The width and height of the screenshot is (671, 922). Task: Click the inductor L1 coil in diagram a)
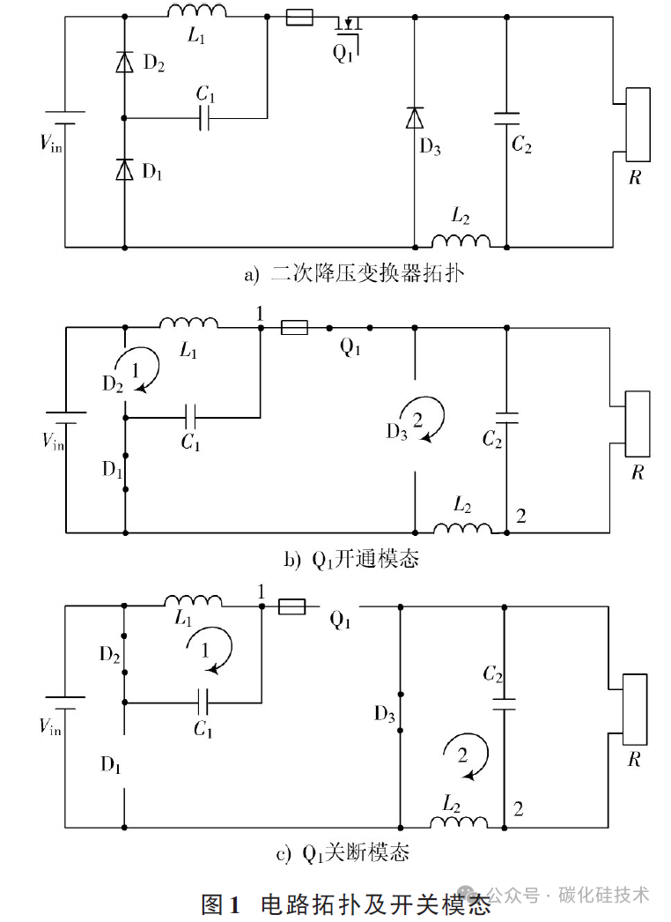[x=196, y=11]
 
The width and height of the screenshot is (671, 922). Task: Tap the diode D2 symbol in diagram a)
[x=124, y=62]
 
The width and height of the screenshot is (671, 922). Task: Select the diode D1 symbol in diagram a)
[x=124, y=169]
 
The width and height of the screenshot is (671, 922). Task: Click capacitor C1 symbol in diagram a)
[x=204, y=118]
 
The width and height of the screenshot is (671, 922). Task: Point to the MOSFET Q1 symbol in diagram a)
[x=348, y=28]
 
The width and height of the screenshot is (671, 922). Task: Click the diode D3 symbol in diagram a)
[x=415, y=117]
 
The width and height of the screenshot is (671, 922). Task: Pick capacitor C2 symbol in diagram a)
[x=506, y=119]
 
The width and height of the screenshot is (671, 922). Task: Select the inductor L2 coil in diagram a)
[x=461, y=242]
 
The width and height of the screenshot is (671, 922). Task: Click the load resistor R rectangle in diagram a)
[x=638, y=124]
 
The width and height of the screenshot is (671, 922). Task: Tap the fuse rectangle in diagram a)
[x=299, y=18]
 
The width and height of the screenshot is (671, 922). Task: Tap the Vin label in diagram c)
[x=50, y=727]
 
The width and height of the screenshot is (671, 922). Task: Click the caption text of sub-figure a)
[x=354, y=274]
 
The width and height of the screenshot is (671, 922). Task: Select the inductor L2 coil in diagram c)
[x=458, y=822]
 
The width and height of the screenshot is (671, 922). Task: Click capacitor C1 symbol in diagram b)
[x=190, y=418]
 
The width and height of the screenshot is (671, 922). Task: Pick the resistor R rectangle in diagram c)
[x=635, y=710]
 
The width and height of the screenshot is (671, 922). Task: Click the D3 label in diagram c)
[x=385, y=715]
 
